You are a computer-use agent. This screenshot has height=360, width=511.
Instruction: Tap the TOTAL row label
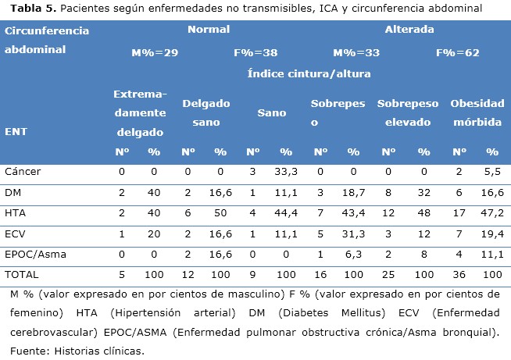pyautogui.click(x=21, y=275)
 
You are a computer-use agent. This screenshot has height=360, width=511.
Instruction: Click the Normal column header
pyautogui.click(x=208, y=30)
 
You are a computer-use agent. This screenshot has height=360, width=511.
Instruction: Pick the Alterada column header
pyautogui.click(x=409, y=30)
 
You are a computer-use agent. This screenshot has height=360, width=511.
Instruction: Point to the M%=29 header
pyautogui.click(x=155, y=53)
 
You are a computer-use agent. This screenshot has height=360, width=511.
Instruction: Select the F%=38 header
pyautogui.click(x=256, y=53)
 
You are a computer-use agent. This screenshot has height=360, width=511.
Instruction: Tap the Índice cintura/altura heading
pyautogui.click(x=309, y=74)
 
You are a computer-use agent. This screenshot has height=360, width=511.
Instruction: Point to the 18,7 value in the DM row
pyautogui.click(x=353, y=191)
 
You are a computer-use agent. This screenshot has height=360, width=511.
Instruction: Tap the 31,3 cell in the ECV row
pyautogui.click(x=353, y=233)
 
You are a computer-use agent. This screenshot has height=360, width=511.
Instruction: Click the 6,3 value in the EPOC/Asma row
pyautogui.click(x=353, y=254)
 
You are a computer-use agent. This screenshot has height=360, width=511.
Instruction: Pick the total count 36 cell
pyautogui.click(x=459, y=275)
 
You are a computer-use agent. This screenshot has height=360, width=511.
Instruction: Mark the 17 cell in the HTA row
pyautogui.click(x=459, y=212)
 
